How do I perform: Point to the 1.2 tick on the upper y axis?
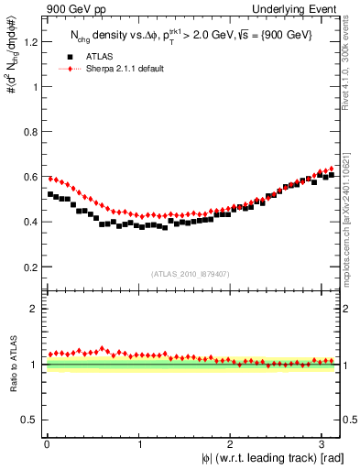coord(29,42)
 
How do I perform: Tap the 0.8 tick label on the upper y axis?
coord(29,132)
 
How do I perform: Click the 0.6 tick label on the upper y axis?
coord(29,177)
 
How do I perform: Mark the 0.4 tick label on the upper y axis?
coord(29,222)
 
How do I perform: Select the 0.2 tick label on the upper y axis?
coord(29,267)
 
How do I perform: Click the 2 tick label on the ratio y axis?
coord(34,309)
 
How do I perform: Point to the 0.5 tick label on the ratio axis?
coord(29,420)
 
